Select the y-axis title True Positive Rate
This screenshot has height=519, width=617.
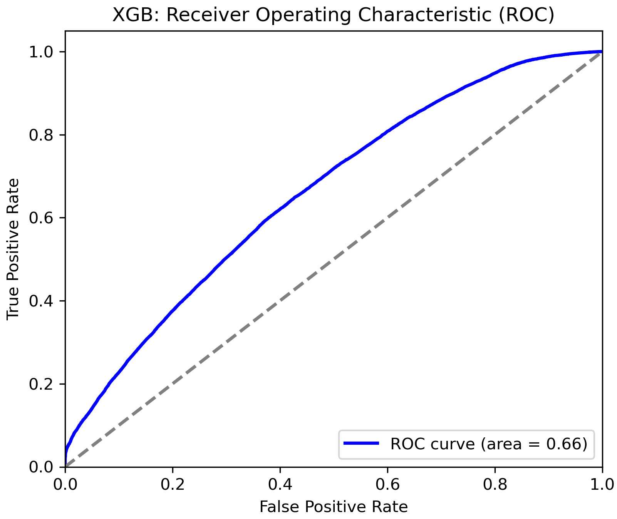tap(13, 249)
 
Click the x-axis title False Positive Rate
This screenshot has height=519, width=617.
tap(334, 507)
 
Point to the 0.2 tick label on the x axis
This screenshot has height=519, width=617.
tap(173, 485)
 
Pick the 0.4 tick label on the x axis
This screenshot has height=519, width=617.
tap(280, 485)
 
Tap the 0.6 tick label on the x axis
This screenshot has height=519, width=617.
tap(387, 485)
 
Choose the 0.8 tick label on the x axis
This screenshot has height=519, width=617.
tap(495, 485)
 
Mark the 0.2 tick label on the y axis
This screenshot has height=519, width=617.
tap(41, 384)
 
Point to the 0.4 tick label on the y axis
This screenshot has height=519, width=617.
tap(41, 301)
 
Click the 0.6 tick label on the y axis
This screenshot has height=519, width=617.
tap(41, 218)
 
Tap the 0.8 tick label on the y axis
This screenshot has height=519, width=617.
tap(41, 135)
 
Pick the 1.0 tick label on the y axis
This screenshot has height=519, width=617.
tap(41, 52)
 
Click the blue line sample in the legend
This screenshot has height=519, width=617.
tap(361, 444)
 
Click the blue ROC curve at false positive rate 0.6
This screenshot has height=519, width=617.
tap(387, 131)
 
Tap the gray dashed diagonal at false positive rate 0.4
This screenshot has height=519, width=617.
tap(280, 301)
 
